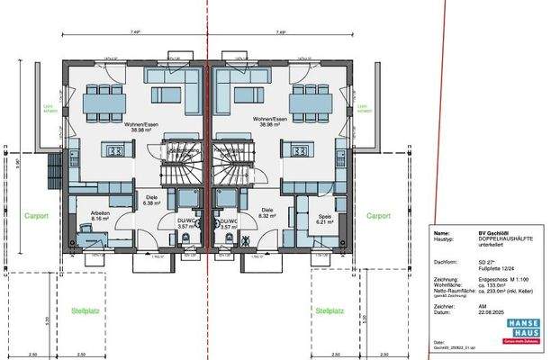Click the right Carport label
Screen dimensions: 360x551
point(378,216)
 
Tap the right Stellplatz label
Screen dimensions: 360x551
point(329,310)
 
